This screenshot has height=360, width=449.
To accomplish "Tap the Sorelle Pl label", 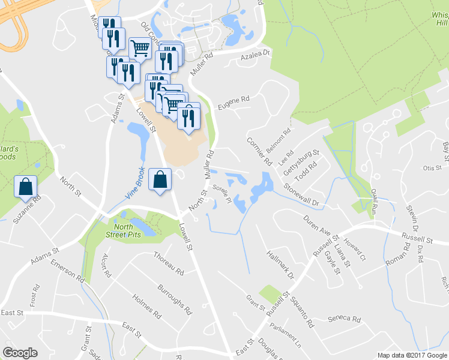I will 223,194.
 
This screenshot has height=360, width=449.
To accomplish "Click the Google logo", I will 20,352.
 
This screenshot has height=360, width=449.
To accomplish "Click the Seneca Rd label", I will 346,319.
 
